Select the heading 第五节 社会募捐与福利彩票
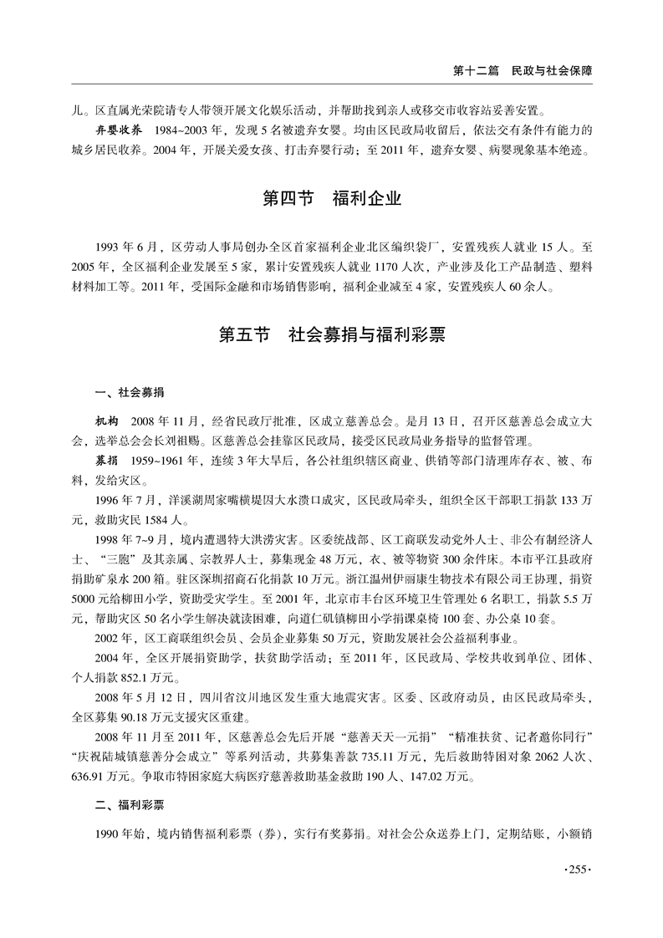[x=332, y=335]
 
